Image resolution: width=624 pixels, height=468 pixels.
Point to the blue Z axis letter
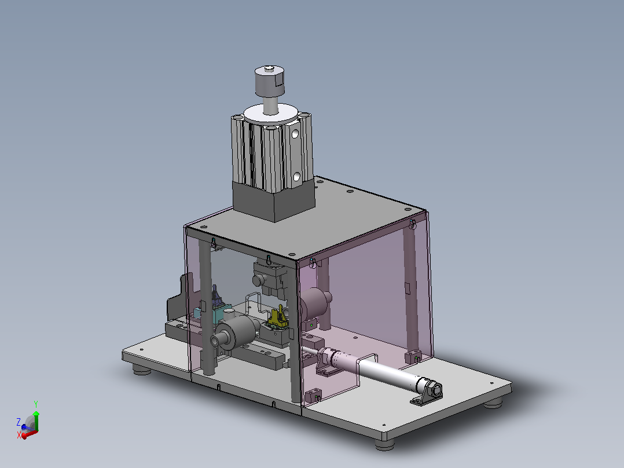click(x=19, y=422)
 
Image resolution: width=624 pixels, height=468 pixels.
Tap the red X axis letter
click(x=19, y=436)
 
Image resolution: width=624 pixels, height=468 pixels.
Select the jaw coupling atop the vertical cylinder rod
click(x=269, y=82)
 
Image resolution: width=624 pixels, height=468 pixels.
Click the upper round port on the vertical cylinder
click(x=295, y=134)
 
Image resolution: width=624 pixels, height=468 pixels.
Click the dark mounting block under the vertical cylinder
click(x=274, y=201)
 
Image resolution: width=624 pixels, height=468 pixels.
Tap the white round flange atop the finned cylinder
click(x=271, y=114)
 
